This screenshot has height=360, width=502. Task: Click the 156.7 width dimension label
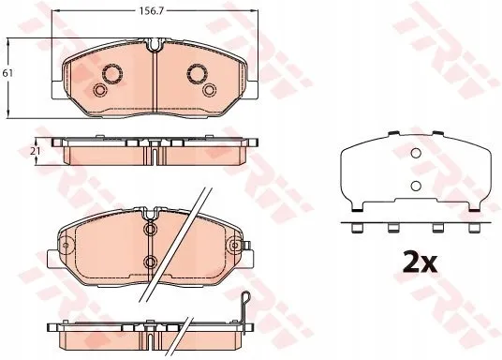tap(152, 11)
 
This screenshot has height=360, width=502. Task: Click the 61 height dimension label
tap(7, 73)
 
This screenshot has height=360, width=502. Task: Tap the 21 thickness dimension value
tap(36, 151)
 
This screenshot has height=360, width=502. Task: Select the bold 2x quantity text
tap(420, 262)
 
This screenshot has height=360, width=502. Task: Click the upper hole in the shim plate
tap(416, 154)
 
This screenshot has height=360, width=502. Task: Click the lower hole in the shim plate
tap(416, 186)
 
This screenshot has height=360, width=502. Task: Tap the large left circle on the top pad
tap(112, 74)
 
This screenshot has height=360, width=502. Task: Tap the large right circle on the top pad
tap(198, 74)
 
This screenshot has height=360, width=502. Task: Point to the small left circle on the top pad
tap(99, 90)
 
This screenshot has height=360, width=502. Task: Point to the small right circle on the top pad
tap(210, 90)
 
